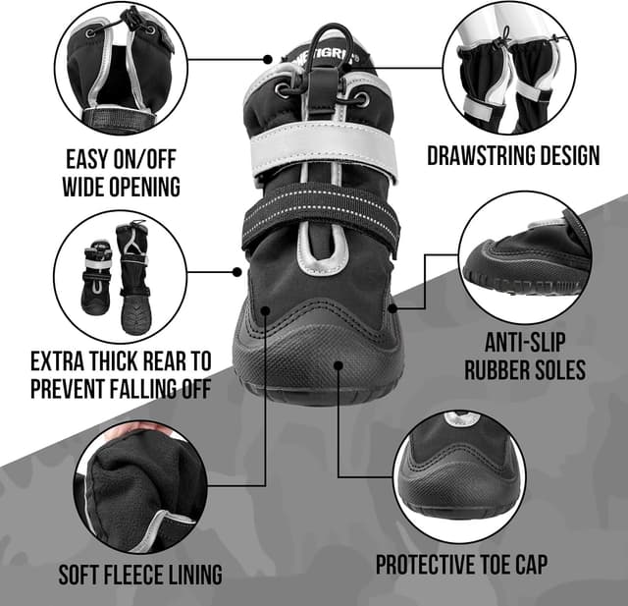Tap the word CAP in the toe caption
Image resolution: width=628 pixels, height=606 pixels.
(528, 566)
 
